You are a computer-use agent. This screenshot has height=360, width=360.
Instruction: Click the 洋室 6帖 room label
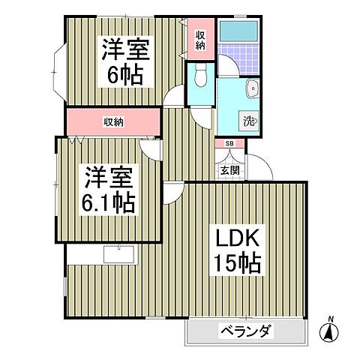(x=125, y=62)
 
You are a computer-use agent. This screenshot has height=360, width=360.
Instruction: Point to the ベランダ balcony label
(x=245, y=331)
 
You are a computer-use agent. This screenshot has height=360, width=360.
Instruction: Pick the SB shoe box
(x=229, y=143)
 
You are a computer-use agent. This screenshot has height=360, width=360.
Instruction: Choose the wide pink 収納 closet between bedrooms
(x=113, y=121)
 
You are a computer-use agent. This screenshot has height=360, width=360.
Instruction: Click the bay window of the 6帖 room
(x=58, y=71)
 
